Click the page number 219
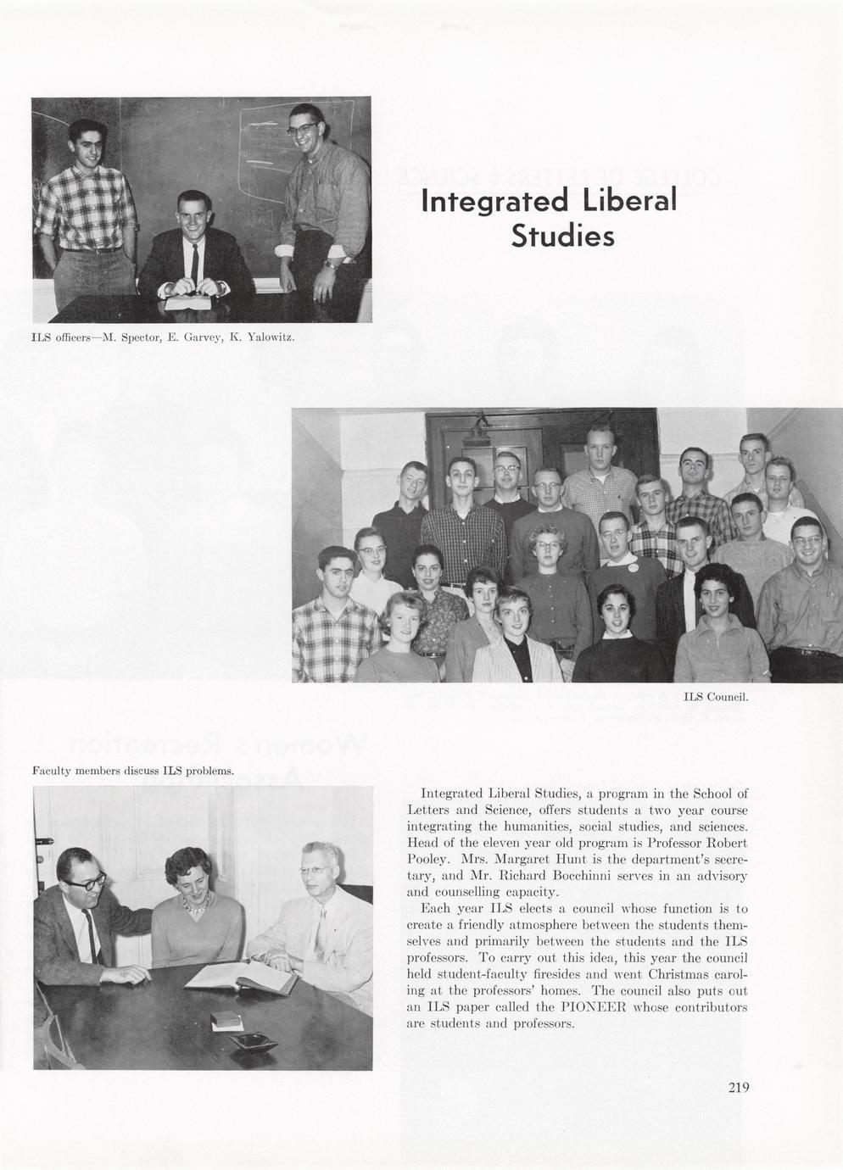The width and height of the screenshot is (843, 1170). [738, 1089]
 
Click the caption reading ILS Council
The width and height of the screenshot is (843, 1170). [715, 698]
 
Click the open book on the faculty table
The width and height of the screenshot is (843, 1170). [240, 978]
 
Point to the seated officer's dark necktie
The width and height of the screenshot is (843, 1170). [195, 259]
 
